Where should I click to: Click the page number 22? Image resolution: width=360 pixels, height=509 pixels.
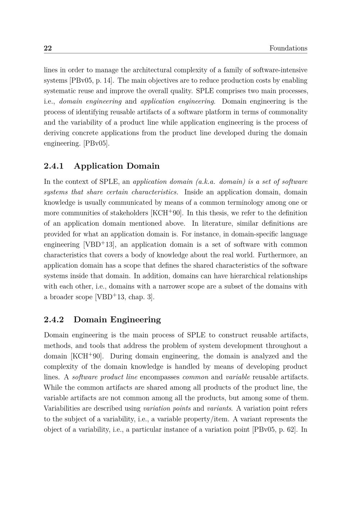pyautogui.click(x=48, y=48)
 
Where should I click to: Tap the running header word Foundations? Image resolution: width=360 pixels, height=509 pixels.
pyautogui.click(x=288, y=48)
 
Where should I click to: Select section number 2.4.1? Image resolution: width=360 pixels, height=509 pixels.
pyautogui.click(x=54, y=166)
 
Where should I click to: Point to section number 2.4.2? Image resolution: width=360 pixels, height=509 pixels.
pyautogui.click(x=54, y=320)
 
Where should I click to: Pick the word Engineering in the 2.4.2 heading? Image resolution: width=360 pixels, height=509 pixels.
pyautogui.click(x=135, y=320)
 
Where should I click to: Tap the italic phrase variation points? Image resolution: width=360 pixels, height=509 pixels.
pyautogui.click(x=167, y=409)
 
